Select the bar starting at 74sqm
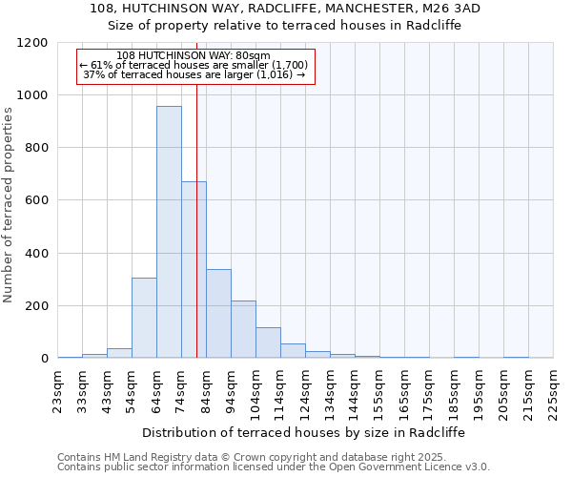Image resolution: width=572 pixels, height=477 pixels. point(194,270)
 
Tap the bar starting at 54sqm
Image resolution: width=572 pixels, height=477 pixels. point(144,318)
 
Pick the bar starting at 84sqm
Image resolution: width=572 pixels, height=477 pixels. point(218,314)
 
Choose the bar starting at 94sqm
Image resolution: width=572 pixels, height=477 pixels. point(243,329)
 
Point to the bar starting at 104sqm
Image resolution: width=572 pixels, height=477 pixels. point(268,342)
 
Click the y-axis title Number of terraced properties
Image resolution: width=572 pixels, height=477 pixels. point(9,205)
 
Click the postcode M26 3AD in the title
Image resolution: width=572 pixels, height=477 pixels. point(447,8)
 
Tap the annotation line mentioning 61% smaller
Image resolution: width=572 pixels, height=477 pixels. point(194,64)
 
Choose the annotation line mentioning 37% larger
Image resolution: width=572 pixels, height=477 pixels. point(194,73)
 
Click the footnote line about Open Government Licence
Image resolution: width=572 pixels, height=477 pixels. point(274,467)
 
